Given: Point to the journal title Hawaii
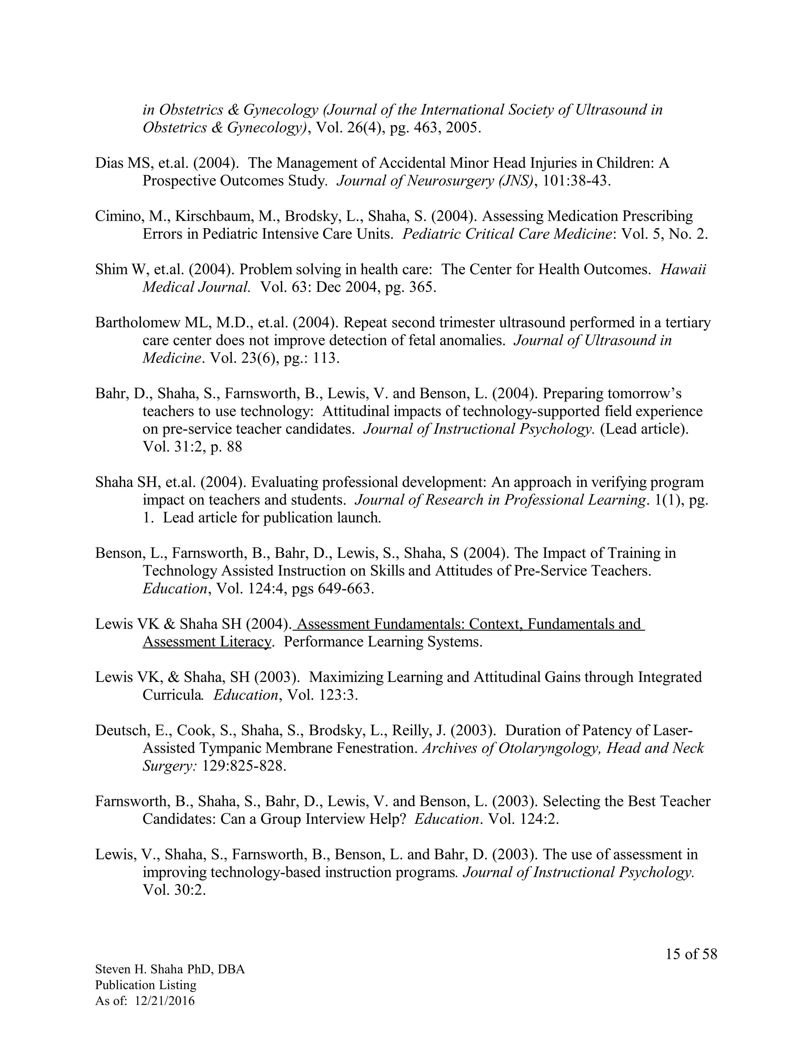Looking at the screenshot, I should tap(683, 269).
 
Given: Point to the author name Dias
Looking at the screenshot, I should tap(110, 163).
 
